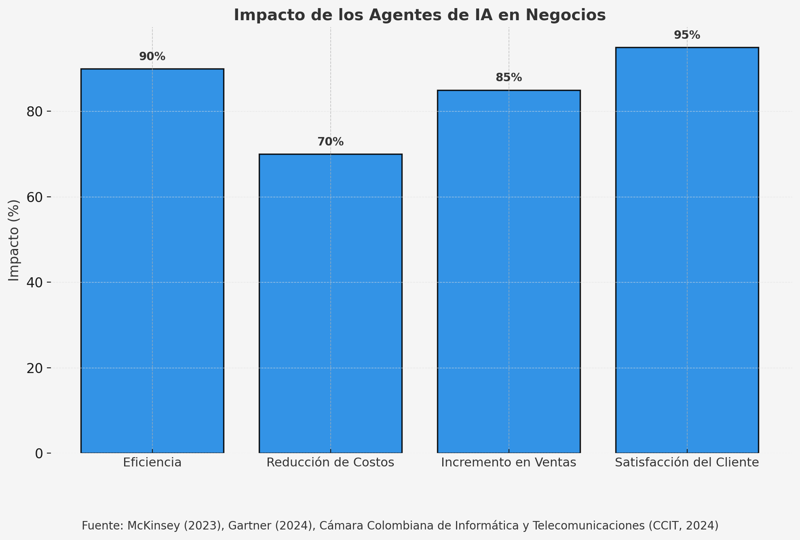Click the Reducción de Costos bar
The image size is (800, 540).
pyautogui.click(x=330, y=303)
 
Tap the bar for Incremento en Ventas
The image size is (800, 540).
pyautogui.click(x=509, y=271)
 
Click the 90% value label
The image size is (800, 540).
pyautogui.click(x=152, y=57)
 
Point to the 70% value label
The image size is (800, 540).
pyautogui.click(x=330, y=142)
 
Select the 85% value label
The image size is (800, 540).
pyautogui.click(x=509, y=78)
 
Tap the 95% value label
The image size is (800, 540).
pyautogui.click(x=687, y=35)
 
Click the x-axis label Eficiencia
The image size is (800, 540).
pyautogui.click(x=152, y=462)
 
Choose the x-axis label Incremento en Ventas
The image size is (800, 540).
pyautogui.click(x=509, y=462)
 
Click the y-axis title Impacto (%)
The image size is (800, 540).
pyautogui.click(x=14, y=240)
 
